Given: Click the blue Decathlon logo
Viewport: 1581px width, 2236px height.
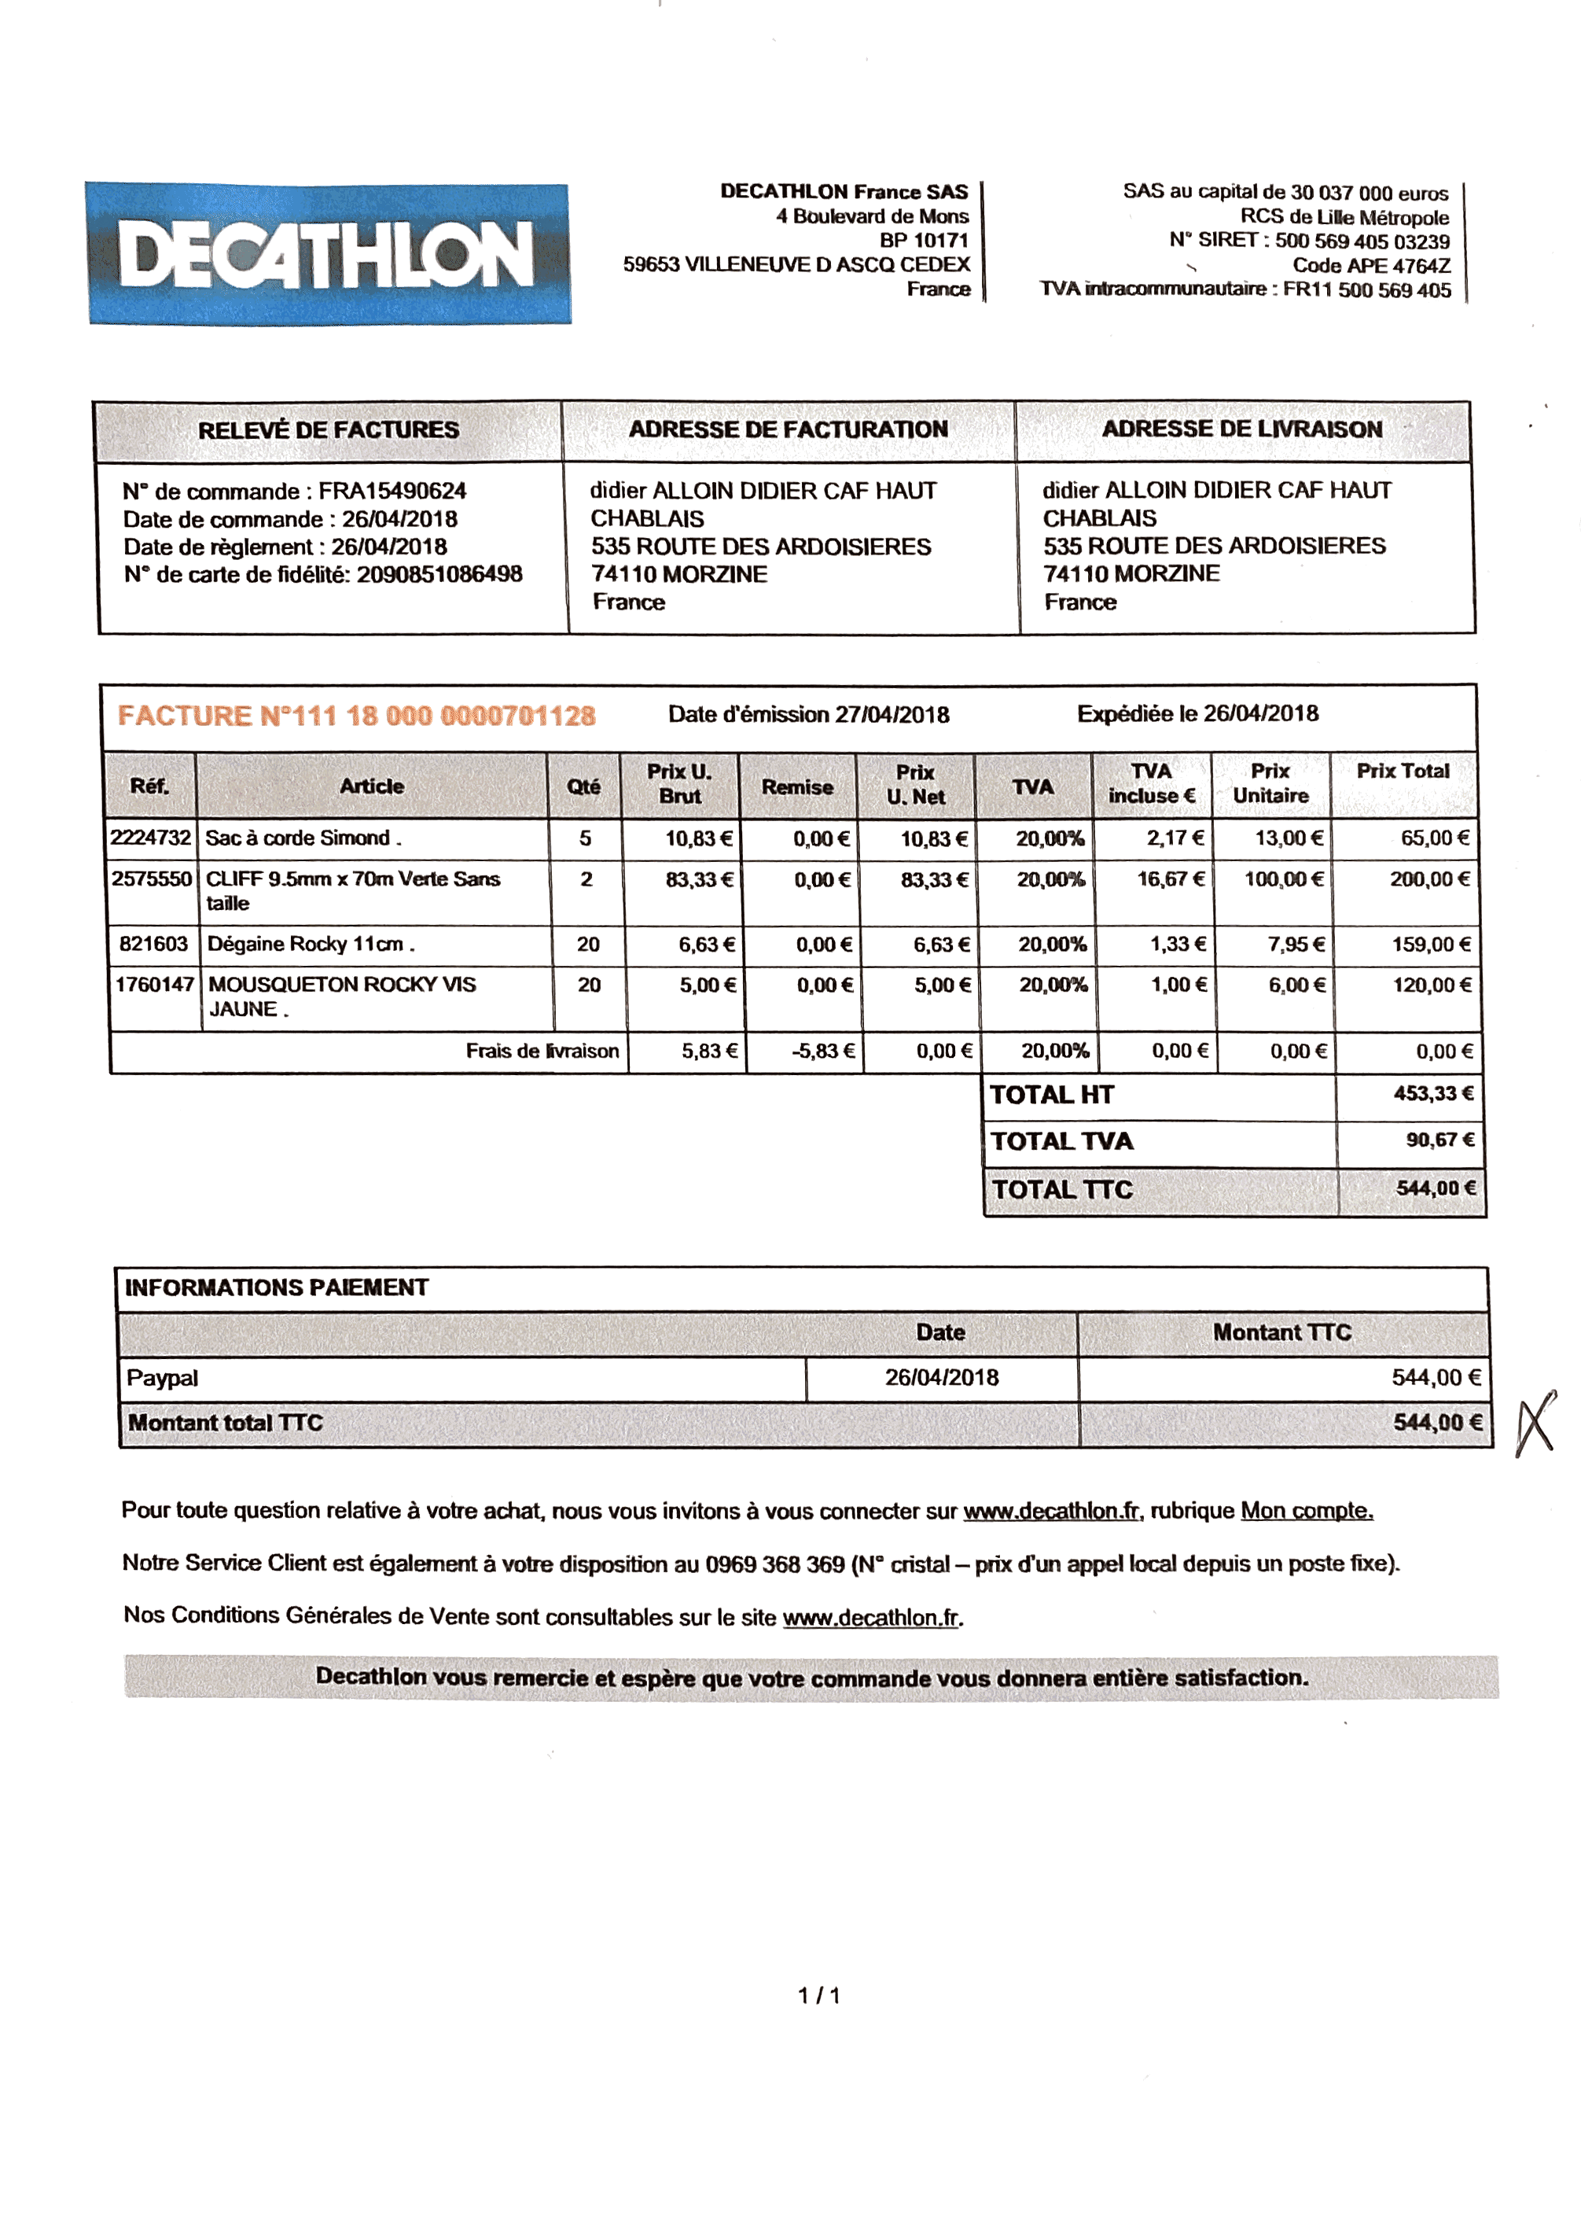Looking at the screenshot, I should click(x=328, y=254).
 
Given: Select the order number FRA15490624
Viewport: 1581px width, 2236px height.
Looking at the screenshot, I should click(x=392, y=491).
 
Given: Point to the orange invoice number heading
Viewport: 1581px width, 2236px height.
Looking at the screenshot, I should click(x=356, y=716).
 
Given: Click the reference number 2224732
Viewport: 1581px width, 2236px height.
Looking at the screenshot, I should click(x=151, y=838).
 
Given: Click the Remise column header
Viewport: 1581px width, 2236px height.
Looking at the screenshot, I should click(x=796, y=786).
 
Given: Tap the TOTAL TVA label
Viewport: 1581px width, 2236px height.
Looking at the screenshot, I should click(x=1062, y=1141).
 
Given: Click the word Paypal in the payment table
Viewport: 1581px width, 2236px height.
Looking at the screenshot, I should click(x=163, y=1378).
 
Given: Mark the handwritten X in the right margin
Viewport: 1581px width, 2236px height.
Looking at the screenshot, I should click(x=1536, y=1423).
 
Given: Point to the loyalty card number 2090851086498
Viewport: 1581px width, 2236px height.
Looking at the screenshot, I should click(x=439, y=575).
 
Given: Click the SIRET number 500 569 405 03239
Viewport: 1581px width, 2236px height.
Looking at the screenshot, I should click(x=1362, y=241).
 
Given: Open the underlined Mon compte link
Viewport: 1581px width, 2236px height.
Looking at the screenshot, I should click(x=1307, y=1511).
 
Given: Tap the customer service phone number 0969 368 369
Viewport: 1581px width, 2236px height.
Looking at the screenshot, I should click(x=775, y=1564).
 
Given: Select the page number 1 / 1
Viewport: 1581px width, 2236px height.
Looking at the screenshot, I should click(x=818, y=1995).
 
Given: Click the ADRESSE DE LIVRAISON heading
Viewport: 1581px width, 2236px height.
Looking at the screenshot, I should click(x=1241, y=429).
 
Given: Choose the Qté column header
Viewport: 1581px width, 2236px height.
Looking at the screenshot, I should click(x=584, y=786).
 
